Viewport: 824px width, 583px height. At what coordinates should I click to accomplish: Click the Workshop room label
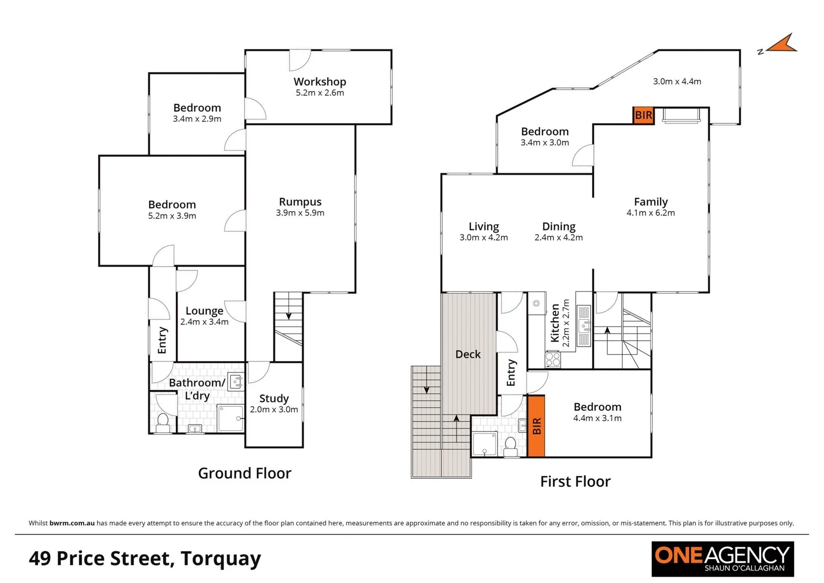point(320,82)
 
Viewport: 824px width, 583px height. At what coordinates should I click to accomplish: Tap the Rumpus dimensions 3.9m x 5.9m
point(300,213)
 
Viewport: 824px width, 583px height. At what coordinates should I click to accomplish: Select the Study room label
point(274,398)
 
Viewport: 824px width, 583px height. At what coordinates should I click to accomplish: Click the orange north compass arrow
point(782,45)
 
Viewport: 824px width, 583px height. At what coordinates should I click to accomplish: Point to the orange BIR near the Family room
point(643,115)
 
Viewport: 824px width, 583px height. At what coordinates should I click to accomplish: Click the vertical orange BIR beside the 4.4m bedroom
point(536,426)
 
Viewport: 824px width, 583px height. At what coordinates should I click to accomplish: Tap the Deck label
point(468,354)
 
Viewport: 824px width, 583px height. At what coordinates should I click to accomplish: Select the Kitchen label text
point(555,323)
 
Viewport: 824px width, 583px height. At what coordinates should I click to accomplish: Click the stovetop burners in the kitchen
point(552,359)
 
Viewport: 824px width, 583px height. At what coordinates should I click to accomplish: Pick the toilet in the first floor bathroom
point(510,446)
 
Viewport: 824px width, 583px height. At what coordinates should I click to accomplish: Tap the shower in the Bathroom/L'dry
point(230,418)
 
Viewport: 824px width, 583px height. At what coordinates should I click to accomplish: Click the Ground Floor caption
point(244,473)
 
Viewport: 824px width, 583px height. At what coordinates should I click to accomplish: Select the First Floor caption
point(575,482)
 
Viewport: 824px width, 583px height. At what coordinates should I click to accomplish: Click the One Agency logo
point(722,559)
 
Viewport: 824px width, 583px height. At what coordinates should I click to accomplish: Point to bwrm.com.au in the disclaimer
point(72,523)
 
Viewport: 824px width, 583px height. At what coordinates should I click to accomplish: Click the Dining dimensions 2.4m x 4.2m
point(558,238)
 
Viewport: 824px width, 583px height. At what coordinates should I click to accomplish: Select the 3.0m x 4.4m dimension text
point(677,82)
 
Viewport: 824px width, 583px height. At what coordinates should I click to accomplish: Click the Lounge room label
point(204,311)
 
